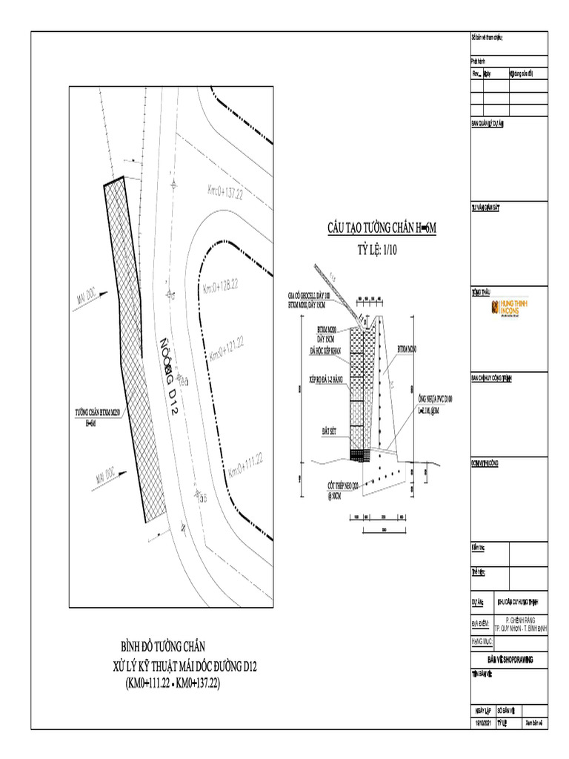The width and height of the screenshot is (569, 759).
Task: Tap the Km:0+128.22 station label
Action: point(220,285)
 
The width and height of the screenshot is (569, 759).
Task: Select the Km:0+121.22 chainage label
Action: point(227,348)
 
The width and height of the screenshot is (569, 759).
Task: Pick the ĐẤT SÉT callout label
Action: point(330,430)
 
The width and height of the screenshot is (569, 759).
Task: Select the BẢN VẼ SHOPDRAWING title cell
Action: point(510,659)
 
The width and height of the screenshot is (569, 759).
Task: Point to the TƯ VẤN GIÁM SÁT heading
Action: point(486,208)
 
